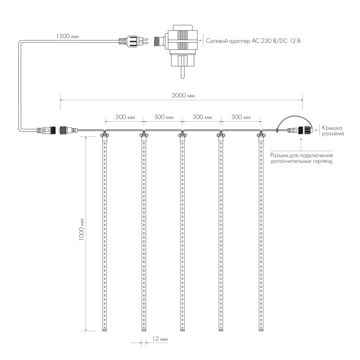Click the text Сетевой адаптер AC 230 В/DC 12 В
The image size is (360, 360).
[253, 41]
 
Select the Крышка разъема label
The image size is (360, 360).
[332, 131]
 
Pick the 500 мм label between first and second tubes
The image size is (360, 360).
[125, 117]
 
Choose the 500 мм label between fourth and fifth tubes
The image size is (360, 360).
[241, 117]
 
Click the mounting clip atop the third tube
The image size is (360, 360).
[183, 135]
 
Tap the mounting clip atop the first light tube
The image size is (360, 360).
[104, 135]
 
